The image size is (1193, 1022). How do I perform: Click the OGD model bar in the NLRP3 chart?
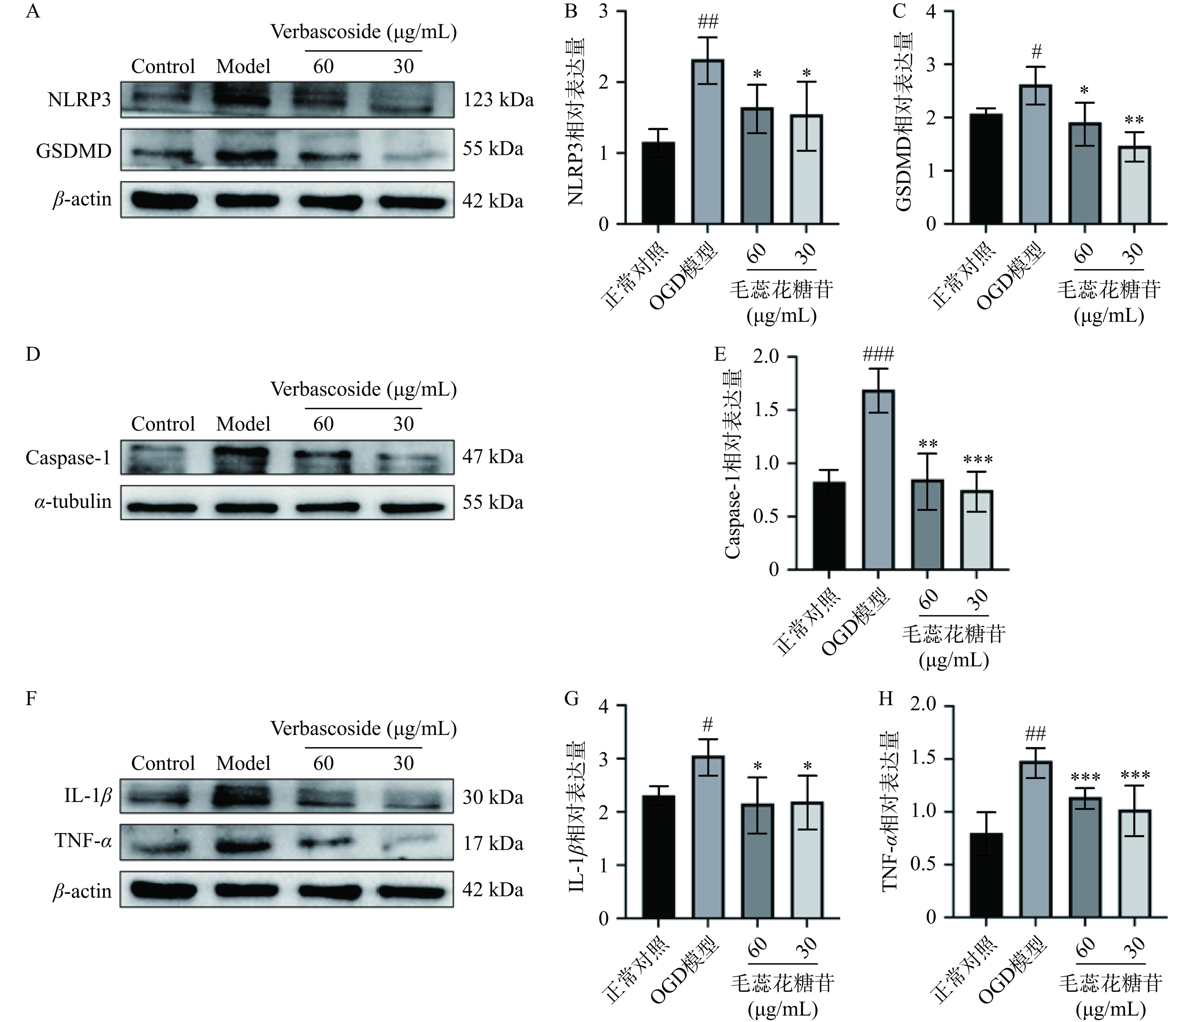pyautogui.click(x=708, y=141)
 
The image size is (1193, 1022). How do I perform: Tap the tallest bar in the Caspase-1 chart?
pyautogui.click(x=878, y=479)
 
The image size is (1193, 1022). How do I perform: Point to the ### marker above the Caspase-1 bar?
pyautogui.click(x=878, y=354)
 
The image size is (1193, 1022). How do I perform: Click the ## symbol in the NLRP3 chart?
pyautogui.click(x=708, y=23)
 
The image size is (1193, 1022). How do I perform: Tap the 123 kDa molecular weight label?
pyautogui.click(x=498, y=100)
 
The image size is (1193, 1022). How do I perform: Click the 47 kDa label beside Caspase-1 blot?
pyautogui.click(x=493, y=457)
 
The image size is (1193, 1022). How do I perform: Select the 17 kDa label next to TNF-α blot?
pyautogui.click(x=493, y=844)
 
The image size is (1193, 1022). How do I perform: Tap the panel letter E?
pyautogui.click(x=720, y=354)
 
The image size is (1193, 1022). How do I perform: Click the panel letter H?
pyautogui.click(x=885, y=699)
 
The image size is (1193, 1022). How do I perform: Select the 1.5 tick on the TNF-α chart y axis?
pyautogui.click(x=923, y=759)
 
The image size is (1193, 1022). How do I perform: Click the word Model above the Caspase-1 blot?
pyautogui.click(x=243, y=424)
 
